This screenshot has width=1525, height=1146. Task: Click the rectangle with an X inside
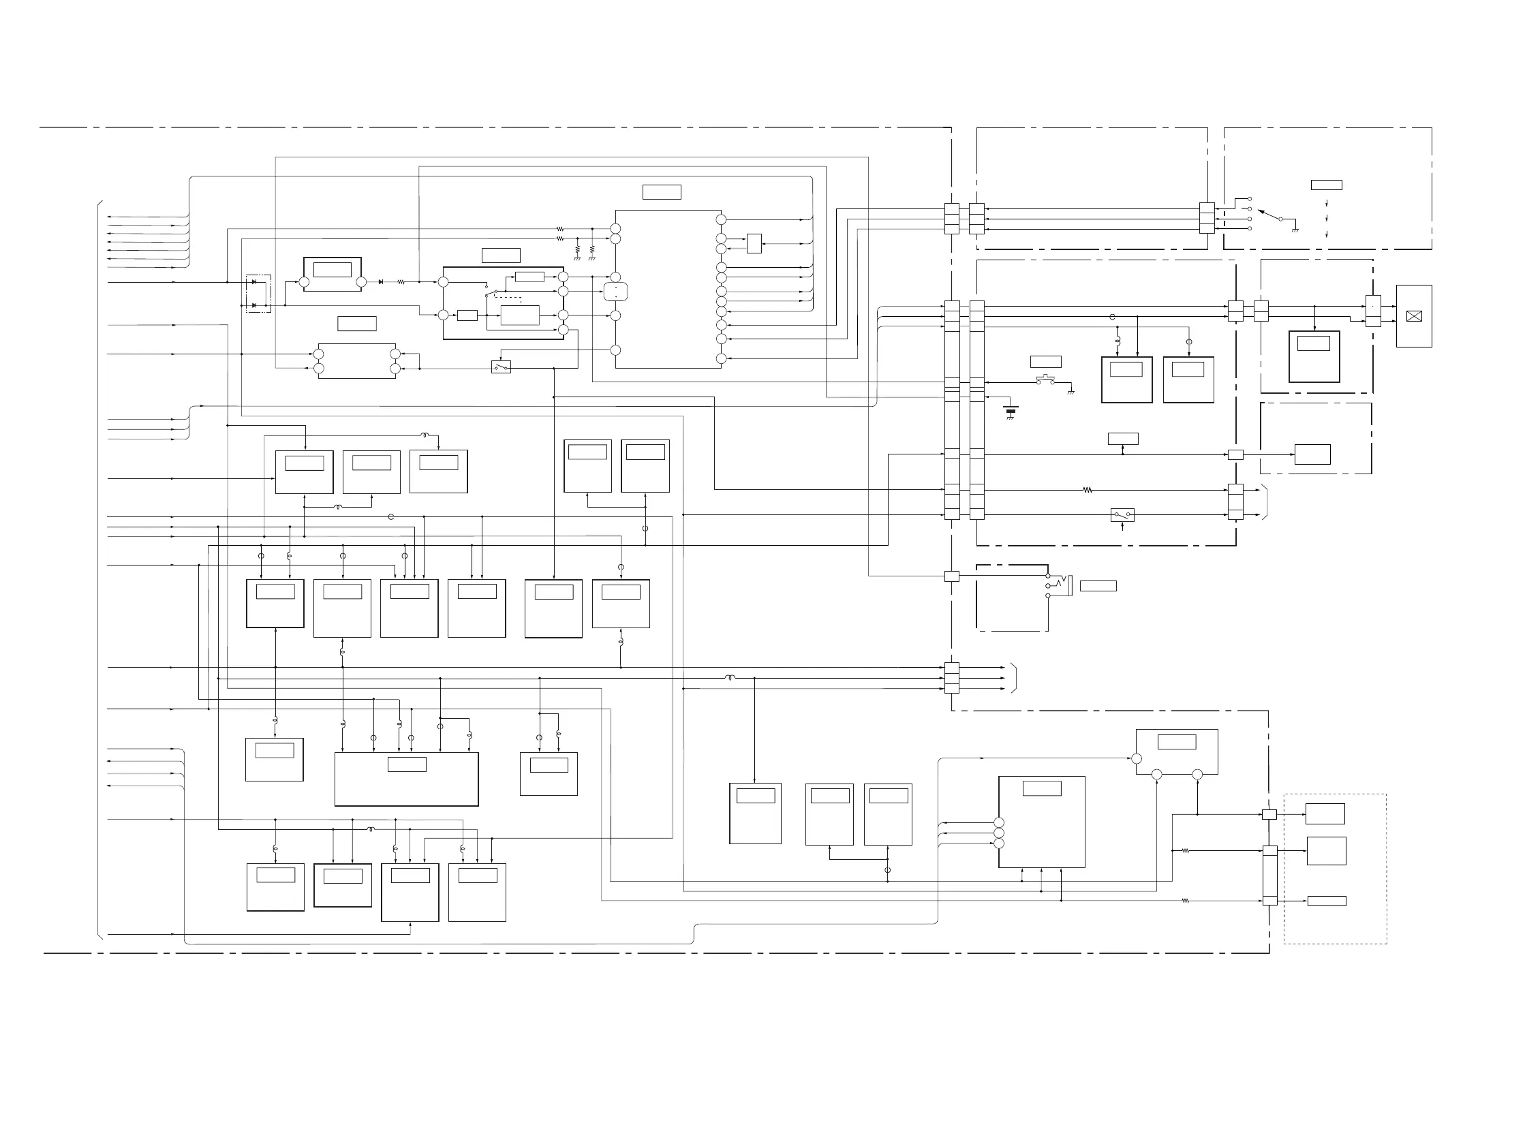1413,316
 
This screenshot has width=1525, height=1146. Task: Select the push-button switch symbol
1045,380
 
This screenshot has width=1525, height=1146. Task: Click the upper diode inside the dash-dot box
254,282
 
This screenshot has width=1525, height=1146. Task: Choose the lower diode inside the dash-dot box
254,305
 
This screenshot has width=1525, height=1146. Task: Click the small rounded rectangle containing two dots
615,292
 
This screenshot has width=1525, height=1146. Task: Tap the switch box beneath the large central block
502,367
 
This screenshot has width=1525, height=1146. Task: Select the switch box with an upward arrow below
1122,514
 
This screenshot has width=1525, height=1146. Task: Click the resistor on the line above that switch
1088,491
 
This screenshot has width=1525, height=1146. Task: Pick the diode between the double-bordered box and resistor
380,282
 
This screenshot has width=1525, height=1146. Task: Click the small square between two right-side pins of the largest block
754,243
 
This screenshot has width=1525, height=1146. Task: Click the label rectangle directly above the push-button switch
1045,361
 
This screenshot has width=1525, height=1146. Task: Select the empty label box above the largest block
661,191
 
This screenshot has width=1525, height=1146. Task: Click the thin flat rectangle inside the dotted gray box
1327,901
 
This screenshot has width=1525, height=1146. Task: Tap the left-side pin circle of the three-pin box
1137,759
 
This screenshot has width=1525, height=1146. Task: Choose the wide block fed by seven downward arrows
406,779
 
